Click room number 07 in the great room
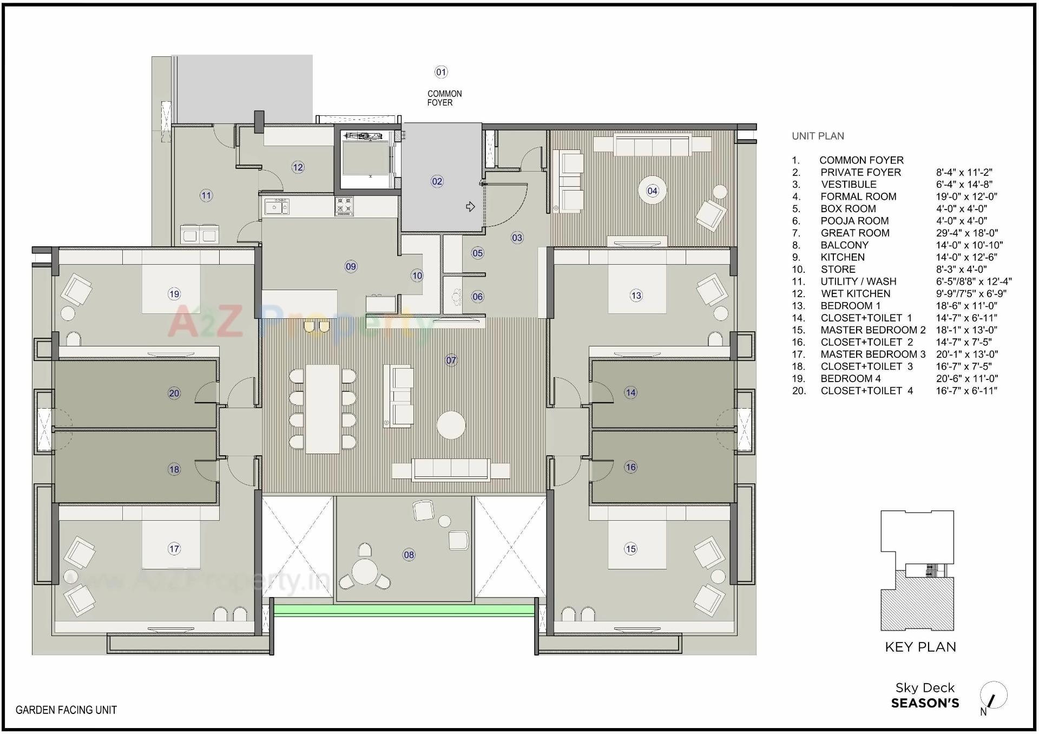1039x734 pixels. [x=451, y=360]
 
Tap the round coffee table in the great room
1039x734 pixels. [x=451, y=425]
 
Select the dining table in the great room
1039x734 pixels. [x=323, y=409]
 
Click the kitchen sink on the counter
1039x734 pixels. [x=277, y=207]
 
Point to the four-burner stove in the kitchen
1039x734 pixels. [x=344, y=206]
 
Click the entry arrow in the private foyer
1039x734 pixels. [x=470, y=206]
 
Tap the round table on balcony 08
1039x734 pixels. [x=365, y=571]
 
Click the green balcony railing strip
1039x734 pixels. [x=403, y=611]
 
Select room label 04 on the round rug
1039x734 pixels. [x=652, y=191]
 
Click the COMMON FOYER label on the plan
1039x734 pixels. [x=444, y=98]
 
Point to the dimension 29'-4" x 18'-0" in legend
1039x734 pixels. [x=966, y=233]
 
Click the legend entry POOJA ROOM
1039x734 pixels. [x=854, y=221]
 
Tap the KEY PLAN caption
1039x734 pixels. [x=920, y=647]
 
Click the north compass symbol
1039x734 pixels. [x=993, y=696]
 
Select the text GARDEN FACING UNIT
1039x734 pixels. [x=66, y=710]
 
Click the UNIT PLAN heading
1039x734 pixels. [x=818, y=136]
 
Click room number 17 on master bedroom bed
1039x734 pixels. [x=174, y=549]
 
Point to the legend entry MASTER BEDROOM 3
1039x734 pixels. [x=872, y=354]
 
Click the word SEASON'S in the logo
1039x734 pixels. [x=925, y=704]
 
